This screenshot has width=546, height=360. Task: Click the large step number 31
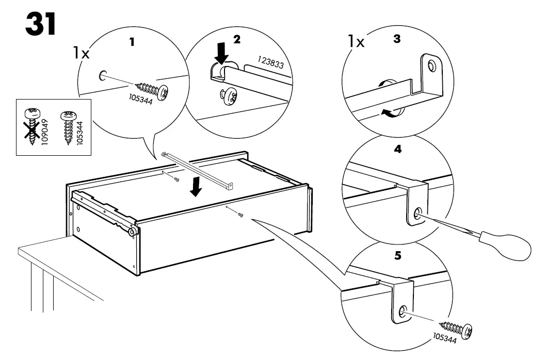click(x=40, y=24)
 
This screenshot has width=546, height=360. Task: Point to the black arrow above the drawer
click(x=196, y=187)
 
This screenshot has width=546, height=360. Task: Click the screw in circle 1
click(x=154, y=89)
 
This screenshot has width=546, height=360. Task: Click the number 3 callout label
click(x=396, y=39)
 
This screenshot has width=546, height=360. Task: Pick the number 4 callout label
click(x=397, y=150)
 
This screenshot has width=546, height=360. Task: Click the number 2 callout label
click(x=237, y=39)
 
